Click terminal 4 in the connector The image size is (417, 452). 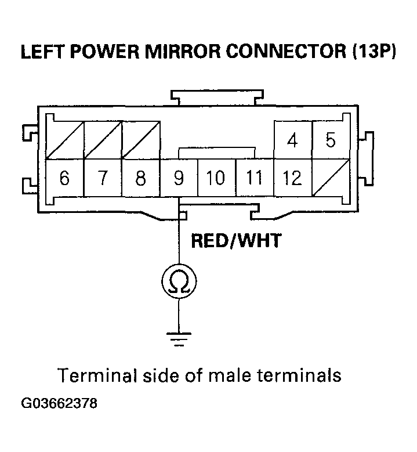(293, 140)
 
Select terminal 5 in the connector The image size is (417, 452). (331, 140)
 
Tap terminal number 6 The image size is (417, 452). (64, 178)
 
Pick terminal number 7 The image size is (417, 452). (103, 178)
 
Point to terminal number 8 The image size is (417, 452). (140, 178)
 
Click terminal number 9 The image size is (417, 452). (179, 178)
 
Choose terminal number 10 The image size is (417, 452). (216, 178)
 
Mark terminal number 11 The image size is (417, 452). (254, 178)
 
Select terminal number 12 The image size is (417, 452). (292, 178)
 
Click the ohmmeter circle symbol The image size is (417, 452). (179, 283)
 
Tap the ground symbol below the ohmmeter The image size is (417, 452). (179, 338)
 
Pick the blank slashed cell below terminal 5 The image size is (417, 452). (331, 178)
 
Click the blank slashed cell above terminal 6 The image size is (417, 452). (64, 140)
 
